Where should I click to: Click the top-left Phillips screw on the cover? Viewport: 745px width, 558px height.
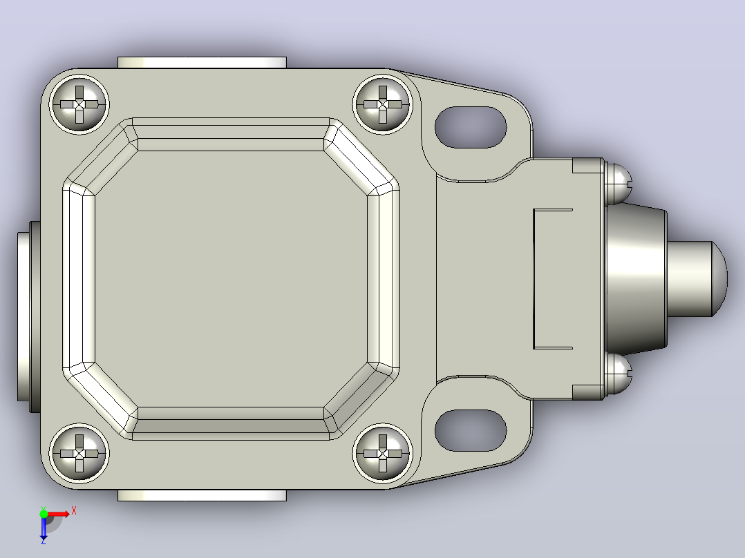(79, 104)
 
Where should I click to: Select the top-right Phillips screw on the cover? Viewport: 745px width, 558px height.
(382, 104)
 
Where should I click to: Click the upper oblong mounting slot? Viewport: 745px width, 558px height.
(471, 127)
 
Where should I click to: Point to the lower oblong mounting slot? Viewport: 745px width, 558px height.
(471, 430)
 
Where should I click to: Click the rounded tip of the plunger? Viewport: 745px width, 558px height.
(719, 279)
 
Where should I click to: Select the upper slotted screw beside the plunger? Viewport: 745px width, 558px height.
(618, 184)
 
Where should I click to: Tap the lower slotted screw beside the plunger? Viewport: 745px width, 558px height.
(618, 374)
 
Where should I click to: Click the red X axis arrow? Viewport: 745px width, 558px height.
(58, 514)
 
